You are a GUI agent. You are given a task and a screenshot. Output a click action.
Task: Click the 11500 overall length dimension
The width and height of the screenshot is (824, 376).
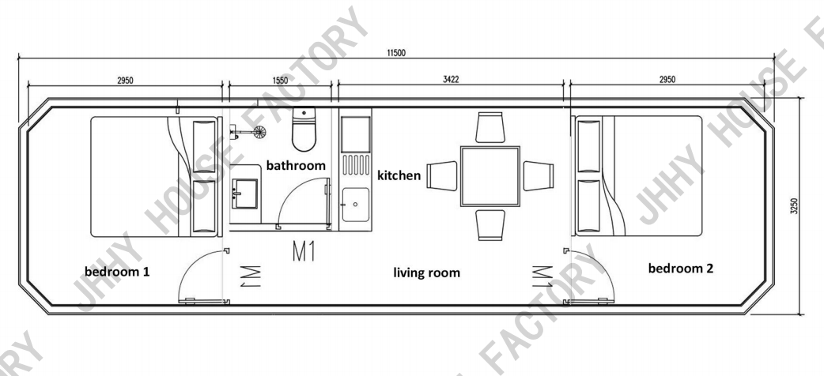[396, 52]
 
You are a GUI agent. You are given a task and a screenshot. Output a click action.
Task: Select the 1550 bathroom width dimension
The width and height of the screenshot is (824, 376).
[280, 81]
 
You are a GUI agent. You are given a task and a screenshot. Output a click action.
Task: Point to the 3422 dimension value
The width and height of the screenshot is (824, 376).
[451, 80]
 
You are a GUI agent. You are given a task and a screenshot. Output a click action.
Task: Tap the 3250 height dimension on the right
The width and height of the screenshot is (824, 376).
[793, 206]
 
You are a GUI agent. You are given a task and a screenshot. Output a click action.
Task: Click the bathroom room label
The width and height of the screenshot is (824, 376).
[296, 165]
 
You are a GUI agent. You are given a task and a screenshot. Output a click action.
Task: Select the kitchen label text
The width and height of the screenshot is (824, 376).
[399, 175]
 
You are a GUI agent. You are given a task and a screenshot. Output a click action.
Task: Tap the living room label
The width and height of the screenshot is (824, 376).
[427, 273]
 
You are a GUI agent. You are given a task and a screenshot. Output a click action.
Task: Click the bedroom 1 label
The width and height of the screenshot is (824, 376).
[117, 272]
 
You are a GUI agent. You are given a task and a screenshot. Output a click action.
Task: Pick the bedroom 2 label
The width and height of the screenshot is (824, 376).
[681, 269]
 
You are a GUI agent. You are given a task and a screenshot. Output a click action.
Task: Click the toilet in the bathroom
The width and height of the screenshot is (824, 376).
[304, 130]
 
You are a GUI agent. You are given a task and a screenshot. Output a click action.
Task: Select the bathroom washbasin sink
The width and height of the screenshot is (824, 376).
[245, 194]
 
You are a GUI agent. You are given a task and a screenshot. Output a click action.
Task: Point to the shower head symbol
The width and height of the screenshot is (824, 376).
[259, 132]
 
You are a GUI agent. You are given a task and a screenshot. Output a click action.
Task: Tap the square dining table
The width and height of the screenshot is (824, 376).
[489, 176]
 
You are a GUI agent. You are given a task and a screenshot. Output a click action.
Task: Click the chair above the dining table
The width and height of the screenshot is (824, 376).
[490, 127]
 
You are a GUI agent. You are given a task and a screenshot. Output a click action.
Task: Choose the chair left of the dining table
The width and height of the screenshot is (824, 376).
[442, 176]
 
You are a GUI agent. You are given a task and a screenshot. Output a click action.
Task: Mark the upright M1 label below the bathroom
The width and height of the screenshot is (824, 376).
[304, 251]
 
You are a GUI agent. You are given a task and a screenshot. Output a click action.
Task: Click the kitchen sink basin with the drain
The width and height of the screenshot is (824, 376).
[356, 205]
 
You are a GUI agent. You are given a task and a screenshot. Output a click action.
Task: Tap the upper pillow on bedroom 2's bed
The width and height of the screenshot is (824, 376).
[588, 145]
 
